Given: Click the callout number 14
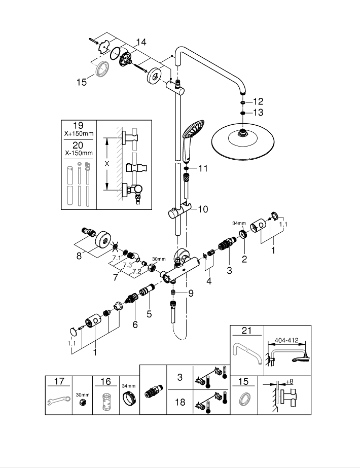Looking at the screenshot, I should pos(140,42).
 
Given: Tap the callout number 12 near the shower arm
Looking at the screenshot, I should pos(258,101).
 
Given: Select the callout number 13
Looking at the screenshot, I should pos(258,113).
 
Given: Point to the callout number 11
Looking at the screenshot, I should pos(203,168).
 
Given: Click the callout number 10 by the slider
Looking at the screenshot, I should pos(203,209).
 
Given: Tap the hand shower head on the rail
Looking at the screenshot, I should pos(192,131).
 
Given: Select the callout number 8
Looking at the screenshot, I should pos(79,256).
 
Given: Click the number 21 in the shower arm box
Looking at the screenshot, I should pos(247,332).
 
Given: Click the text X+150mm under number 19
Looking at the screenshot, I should pos(78,134).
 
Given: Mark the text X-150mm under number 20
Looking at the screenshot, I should pos(78,153).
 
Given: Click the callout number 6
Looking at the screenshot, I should pos(135,325).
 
